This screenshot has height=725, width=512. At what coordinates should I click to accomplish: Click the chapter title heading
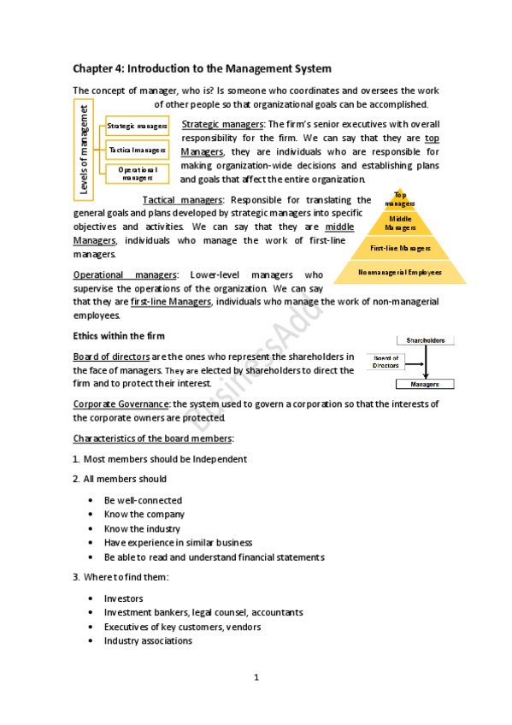coord(202,68)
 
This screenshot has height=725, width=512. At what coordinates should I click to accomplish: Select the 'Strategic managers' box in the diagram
coord(137,127)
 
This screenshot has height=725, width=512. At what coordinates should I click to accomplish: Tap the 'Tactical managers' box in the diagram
coord(137,150)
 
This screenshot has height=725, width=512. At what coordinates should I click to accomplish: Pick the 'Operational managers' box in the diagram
coord(137,174)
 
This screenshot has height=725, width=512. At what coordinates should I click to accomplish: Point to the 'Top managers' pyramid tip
coord(400,199)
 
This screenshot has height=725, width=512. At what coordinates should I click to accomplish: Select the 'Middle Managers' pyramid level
coord(400,224)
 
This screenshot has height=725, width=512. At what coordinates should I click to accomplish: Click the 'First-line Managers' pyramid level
coord(400,249)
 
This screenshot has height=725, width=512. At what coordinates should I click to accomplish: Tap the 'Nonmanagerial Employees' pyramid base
coord(400,273)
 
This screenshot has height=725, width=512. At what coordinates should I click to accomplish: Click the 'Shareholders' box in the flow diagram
coord(425,340)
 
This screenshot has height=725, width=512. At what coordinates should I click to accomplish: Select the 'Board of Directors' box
coord(385,362)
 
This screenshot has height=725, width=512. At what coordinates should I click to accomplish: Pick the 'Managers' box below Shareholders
coord(425,385)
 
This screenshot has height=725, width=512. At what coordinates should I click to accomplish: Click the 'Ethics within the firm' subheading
coord(118,335)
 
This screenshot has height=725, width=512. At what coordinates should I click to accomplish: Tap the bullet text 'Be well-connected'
coord(143,500)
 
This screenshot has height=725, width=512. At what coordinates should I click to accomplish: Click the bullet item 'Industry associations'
coord(148,640)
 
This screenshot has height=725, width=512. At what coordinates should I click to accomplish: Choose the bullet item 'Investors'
coord(124,598)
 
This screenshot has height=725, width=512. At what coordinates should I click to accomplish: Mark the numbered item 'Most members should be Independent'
coord(164,459)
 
